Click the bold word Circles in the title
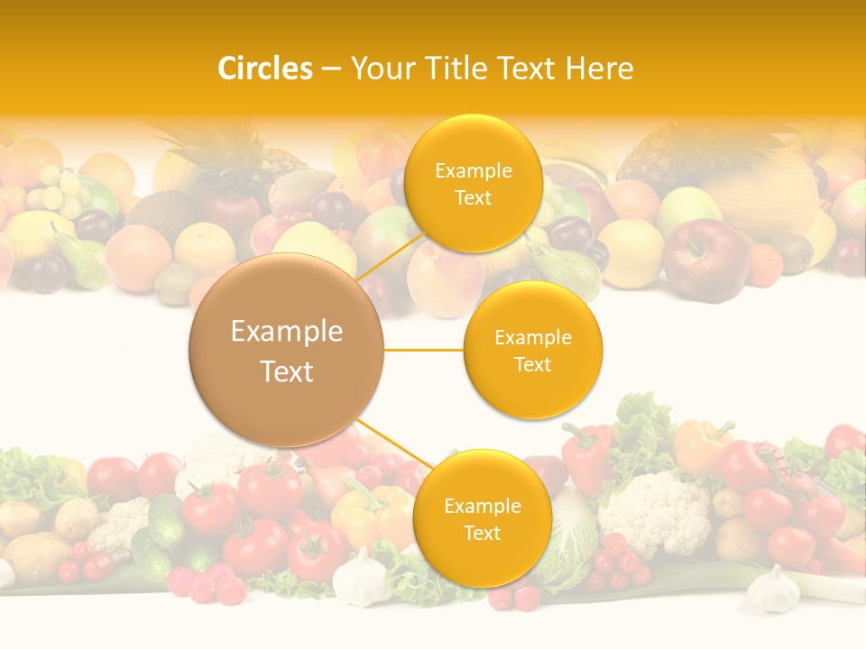(x=265, y=69)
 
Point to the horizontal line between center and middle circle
(x=424, y=350)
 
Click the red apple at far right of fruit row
(x=705, y=259)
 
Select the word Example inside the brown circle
(x=287, y=332)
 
